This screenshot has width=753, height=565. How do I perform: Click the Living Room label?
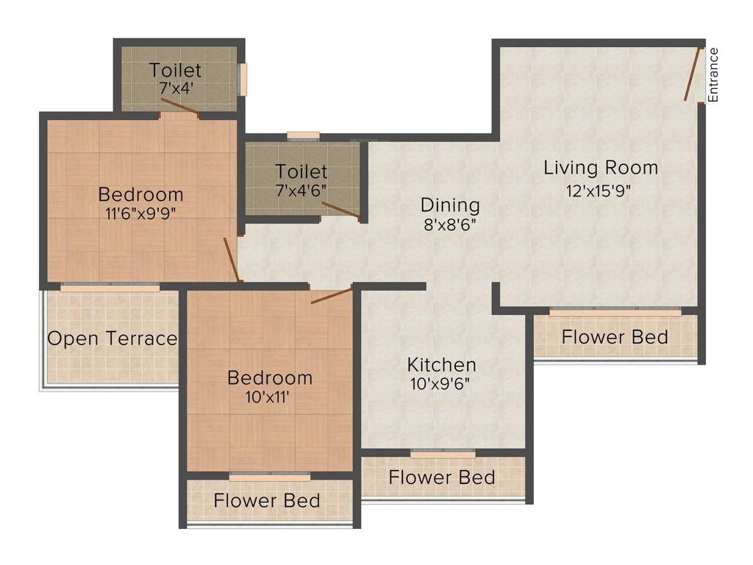[601, 168]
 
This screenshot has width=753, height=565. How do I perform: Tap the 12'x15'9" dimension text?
[598, 190]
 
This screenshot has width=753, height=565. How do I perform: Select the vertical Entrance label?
[713, 75]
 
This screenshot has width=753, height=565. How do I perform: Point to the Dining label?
[450, 205]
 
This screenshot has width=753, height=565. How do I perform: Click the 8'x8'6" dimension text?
[450, 225]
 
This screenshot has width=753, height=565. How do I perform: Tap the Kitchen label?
[441, 364]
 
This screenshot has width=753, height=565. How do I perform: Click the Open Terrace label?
[113, 338]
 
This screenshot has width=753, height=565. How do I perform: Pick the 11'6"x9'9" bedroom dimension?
[140, 214]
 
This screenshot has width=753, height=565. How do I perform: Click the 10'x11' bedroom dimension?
[269, 397]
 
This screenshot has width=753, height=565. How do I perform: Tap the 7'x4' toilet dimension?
[175, 88]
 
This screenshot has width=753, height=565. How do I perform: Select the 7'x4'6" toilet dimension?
[301, 190]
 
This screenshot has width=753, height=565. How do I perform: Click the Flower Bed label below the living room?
[615, 337]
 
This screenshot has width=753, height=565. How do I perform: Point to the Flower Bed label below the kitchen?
[441, 477]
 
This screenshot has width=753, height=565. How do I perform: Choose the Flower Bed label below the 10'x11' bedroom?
[266, 501]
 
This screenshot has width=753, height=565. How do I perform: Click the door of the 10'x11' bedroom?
[331, 296]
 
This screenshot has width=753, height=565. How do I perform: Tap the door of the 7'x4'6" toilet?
[340, 210]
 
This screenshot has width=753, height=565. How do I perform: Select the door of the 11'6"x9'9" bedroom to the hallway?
[232, 259]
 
